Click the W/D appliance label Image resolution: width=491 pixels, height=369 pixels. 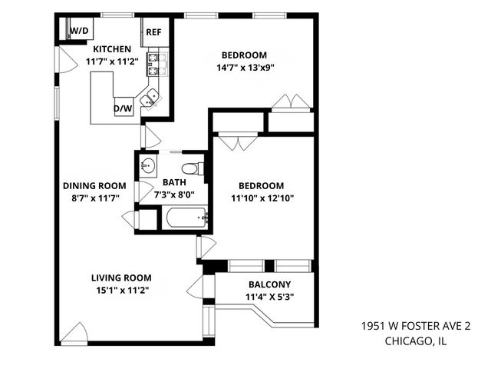click(x=78, y=31)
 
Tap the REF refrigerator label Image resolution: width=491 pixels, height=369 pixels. click(x=153, y=33)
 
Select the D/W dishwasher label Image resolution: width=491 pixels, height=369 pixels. click(x=122, y=109)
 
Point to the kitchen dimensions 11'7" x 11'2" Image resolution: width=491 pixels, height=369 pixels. click(x=114, y=61)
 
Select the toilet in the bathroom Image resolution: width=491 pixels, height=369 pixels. click(x=192, y=168)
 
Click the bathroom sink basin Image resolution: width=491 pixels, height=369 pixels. click(x=148, y=166)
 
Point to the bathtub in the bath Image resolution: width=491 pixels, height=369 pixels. click(x=186, y=218)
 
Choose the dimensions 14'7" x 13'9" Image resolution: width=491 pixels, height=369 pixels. click(x=244, y=67)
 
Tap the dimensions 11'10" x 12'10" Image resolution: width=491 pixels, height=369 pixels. click(x=261, y=198)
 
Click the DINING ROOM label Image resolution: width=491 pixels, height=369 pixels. click(x=94, y=185)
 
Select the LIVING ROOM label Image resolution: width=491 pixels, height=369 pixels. click(x=120, y=278)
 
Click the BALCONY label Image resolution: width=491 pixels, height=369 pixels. click(x=269, y=284)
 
